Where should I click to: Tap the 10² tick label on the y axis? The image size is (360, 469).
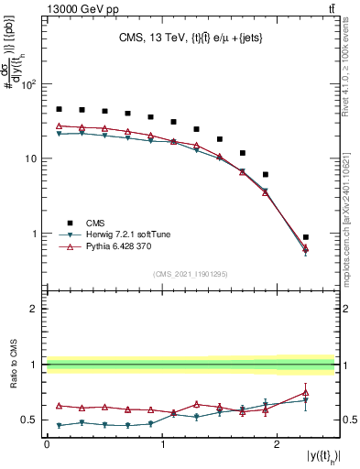tap(28, 84)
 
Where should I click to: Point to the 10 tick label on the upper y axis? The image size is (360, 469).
tap(30, 158)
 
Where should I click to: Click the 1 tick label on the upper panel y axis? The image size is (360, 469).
tap(35, 234)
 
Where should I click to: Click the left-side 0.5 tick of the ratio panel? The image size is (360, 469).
tap(29, 420)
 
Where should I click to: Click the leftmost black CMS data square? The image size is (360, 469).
tap(59, 109)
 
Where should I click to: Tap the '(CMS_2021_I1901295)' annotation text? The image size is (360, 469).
tap(190, 274)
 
